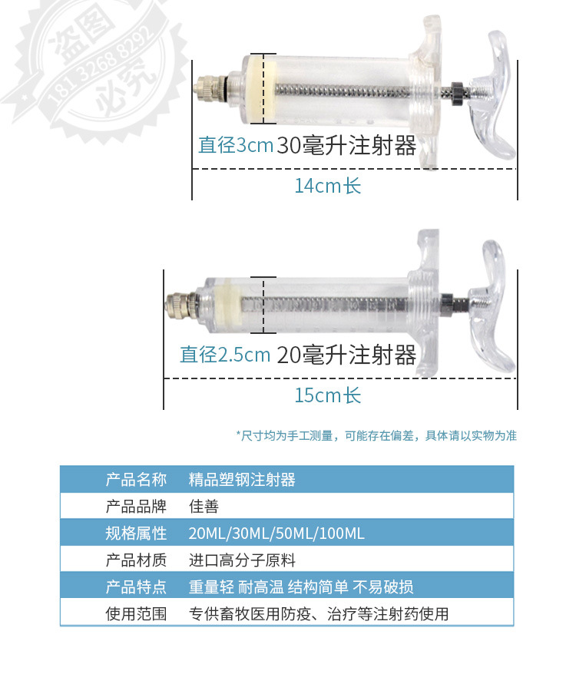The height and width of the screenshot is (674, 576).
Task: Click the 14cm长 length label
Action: [x=327, y=186]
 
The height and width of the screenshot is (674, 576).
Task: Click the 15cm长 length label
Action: [x=327, y=395]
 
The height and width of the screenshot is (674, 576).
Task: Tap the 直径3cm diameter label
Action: [x=236, y=145]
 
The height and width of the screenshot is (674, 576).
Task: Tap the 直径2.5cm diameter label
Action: [x=225, y=355]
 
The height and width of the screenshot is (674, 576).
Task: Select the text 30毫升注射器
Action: [x=346, y=145]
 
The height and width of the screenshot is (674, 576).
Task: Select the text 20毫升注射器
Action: [x=346, y=355]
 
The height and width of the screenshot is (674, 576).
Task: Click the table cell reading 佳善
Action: [x=204, y=507]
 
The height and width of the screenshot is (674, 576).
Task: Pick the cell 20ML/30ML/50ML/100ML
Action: [x=276, y=534]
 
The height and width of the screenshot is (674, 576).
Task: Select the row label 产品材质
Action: [x=136, y=560]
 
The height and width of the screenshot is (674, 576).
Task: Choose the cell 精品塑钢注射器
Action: [x=242, y=480]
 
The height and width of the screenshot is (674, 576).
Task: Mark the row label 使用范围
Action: [x=136, y=614]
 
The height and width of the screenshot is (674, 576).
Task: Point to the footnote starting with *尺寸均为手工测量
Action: [x=376, y=435]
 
